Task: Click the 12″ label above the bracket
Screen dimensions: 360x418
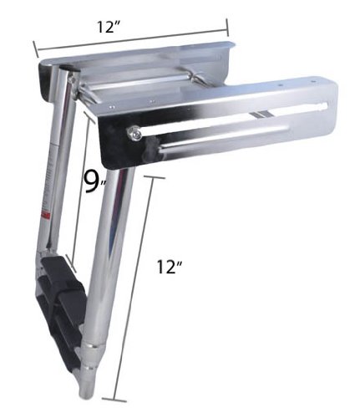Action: (109, 28)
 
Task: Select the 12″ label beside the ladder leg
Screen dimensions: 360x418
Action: (170, 267)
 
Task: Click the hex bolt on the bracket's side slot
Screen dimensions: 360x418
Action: (134, 133)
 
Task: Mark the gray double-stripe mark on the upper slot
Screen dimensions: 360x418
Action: (261, 115)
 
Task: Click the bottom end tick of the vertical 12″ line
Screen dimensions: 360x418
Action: (114, 400)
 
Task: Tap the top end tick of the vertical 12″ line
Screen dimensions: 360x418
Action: (155, 177)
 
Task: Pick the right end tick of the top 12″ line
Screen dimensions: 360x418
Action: (227, 28)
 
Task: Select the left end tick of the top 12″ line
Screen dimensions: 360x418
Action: (36, 49)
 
